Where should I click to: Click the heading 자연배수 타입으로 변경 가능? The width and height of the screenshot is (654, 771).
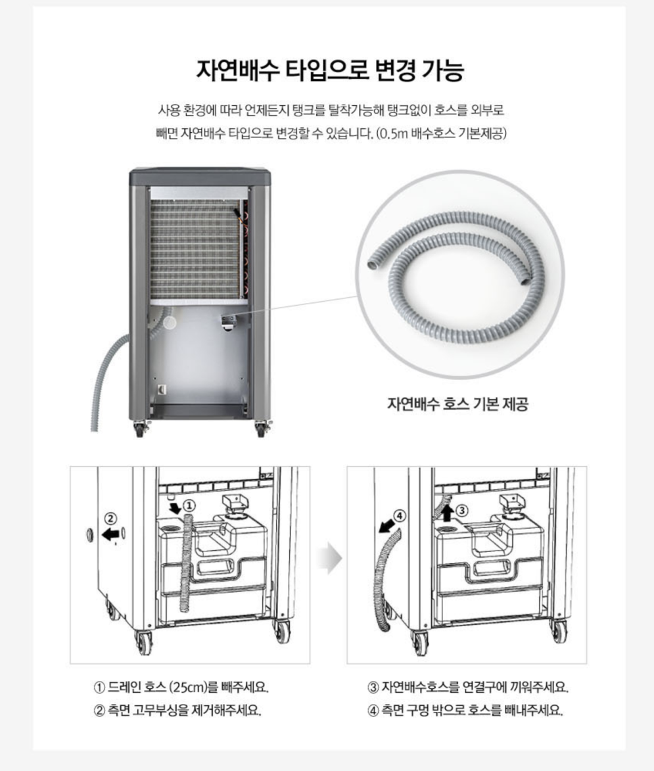(330, 70)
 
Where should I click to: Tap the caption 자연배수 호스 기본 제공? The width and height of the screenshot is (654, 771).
(457, 404)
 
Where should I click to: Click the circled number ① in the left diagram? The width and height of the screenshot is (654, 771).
(189, 506)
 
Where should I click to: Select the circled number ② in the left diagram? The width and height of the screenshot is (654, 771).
(111, 518)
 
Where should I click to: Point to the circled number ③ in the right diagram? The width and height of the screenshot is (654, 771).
(461, 511)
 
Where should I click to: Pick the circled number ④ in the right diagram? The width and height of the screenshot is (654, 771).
(399, 516)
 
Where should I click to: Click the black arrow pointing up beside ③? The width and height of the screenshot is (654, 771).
(447, 513)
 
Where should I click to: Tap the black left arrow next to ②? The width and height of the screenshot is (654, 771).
(110, 534)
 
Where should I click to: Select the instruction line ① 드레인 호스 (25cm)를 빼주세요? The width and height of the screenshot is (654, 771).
(181, 687)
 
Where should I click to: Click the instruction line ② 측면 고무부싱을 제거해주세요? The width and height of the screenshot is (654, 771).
(177, 710)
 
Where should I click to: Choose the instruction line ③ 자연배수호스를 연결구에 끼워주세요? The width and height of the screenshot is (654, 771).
(467, 687)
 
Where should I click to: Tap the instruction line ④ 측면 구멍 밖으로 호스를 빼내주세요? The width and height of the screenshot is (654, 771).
(465, 710)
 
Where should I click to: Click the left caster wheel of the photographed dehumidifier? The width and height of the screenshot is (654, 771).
(139, 430)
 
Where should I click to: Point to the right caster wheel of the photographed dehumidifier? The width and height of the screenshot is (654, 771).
(260, 430)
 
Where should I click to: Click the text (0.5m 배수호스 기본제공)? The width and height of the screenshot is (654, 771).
(441, 133)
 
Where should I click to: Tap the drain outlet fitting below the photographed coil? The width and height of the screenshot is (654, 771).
(228, 322)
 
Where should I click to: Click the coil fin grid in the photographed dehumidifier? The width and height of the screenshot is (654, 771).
(196, 250)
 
